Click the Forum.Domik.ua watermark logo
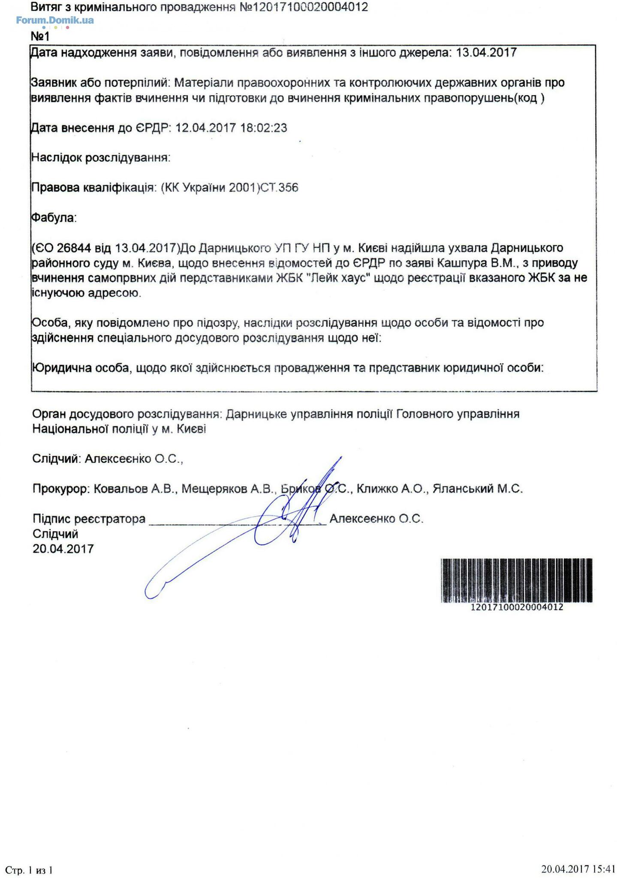coord(55,20)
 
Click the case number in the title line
coord(304,7)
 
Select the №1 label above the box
coord(40,36)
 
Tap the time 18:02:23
coord(264,128)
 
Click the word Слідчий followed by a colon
coord(56,459)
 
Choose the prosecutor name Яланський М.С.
coord(478,489)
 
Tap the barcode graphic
coord(516,580)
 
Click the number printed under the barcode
coord(516,607)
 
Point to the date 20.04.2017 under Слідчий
coord(63,549)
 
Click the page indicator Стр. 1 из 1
coord(29,870)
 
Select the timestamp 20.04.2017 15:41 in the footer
coord(578,869)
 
